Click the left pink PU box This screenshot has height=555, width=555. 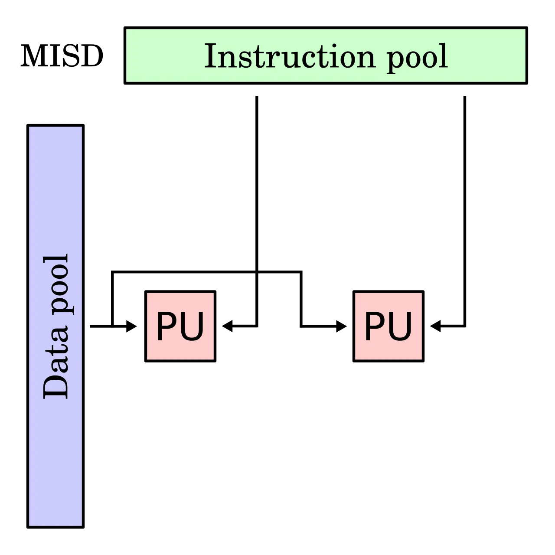[180, 326]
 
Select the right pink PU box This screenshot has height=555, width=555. [388, 326]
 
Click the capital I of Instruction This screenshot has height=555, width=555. [210, 56]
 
